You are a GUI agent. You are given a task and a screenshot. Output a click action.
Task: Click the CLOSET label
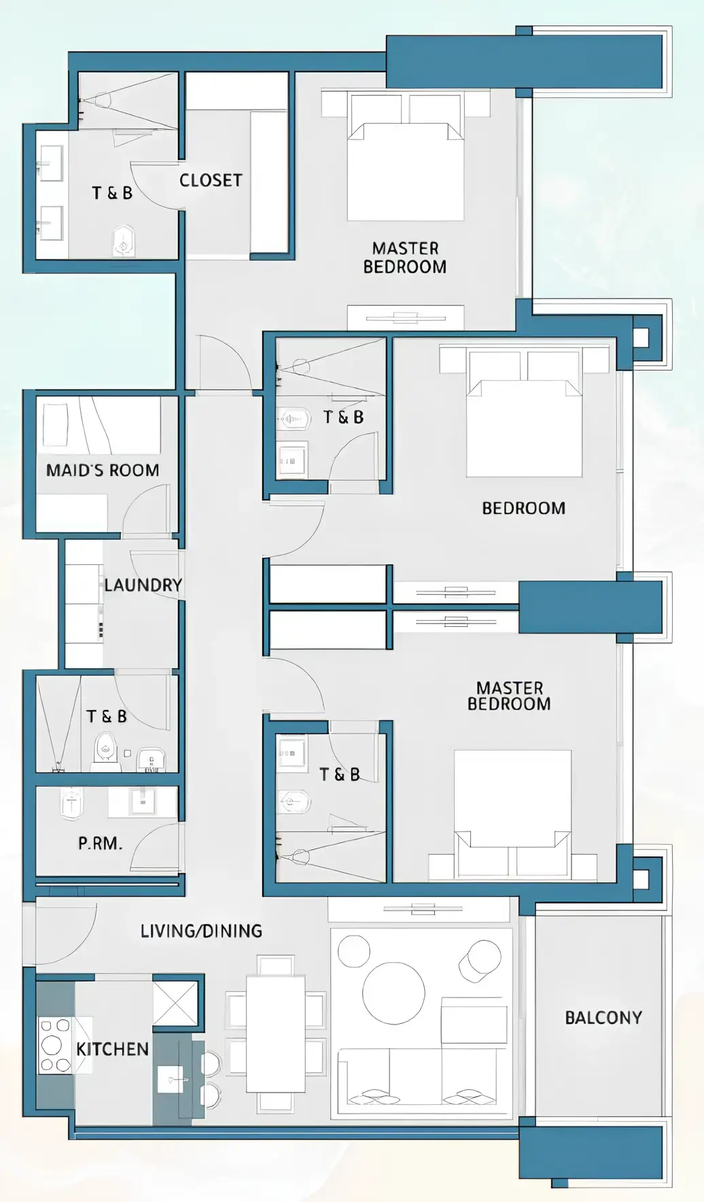[x=211, y=180]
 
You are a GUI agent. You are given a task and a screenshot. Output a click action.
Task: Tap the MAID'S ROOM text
[x=103, y=470]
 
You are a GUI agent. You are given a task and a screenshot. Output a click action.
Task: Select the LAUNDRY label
[x=143, y=585]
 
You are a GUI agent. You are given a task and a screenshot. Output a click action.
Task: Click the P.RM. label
[x=100, y=844]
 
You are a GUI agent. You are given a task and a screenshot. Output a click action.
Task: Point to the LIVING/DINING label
[x=201, y=931]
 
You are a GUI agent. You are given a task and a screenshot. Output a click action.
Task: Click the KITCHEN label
[x=112, y=1049]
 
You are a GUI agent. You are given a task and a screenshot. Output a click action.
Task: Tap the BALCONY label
[x=603, y=1018]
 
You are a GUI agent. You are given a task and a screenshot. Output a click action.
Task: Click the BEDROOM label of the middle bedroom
[x=523, y=509]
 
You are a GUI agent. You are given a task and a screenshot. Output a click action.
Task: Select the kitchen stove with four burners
[x=55, y=1046]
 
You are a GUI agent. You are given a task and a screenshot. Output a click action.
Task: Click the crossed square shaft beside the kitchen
[x=175, y=1003]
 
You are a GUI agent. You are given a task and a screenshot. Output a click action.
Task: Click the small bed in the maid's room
[x=56, y=425]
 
